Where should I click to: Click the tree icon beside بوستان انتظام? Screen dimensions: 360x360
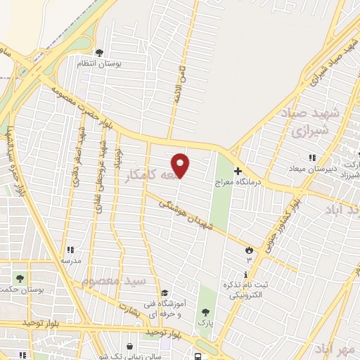point(99,52)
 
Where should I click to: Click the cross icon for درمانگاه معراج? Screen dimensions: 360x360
point(238,170)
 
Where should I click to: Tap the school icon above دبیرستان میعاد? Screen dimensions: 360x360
point(312,157)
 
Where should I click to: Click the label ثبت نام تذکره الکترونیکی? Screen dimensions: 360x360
point(247,290)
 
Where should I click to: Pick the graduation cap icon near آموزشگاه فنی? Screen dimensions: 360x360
point(165,293)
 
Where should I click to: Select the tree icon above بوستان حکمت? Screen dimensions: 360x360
point(20,278)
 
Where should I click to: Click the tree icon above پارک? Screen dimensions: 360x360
point(205,311)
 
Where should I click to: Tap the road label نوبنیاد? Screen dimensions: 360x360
point(119,159)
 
